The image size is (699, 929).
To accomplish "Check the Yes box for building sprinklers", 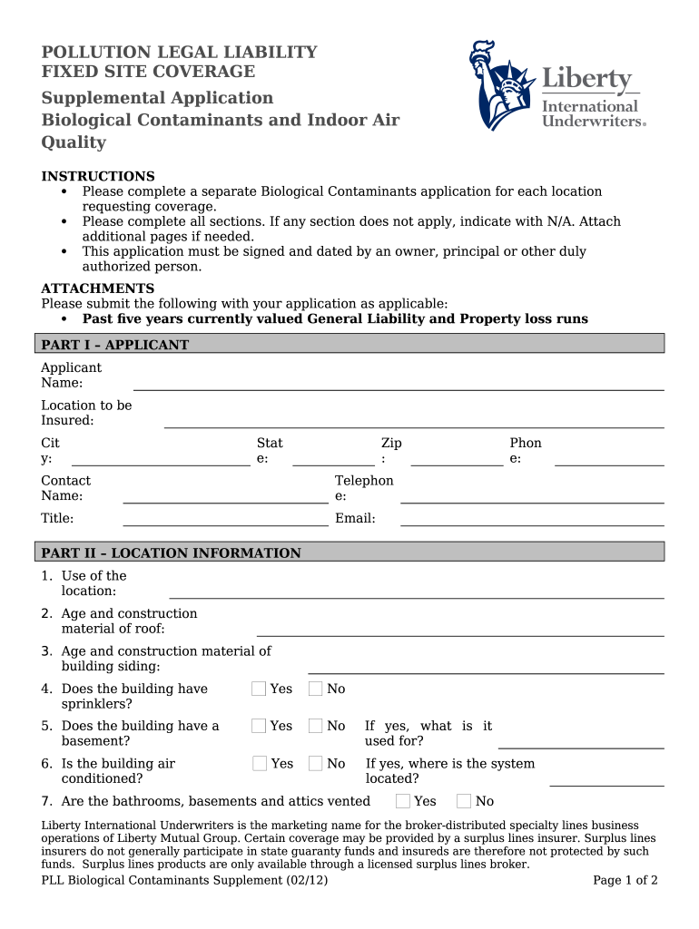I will tap(259, 689).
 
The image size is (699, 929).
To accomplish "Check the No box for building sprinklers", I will tap(316, 689).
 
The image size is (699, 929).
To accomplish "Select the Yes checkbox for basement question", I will tap(259, 726).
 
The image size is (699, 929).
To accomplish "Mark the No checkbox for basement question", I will tap(316, 726).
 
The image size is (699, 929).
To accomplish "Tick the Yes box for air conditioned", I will tap(260, 763).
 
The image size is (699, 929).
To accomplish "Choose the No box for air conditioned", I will tap(316, 763).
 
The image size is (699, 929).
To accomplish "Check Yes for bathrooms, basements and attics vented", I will tap(403, 800).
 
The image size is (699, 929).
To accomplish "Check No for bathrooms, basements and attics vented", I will tap(464, 800).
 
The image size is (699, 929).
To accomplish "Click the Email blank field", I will tap(531, 520).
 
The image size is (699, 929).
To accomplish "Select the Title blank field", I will tap(225, 520).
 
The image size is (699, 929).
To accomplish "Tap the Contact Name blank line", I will tap(225, 497).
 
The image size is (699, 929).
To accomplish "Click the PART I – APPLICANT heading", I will tap(115, 345).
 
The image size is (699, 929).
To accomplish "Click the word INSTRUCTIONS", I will tap(98, 176).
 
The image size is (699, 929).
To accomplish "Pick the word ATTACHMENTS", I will tap(98, 288).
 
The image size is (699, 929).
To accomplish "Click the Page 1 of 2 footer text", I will tap(625, 880).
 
